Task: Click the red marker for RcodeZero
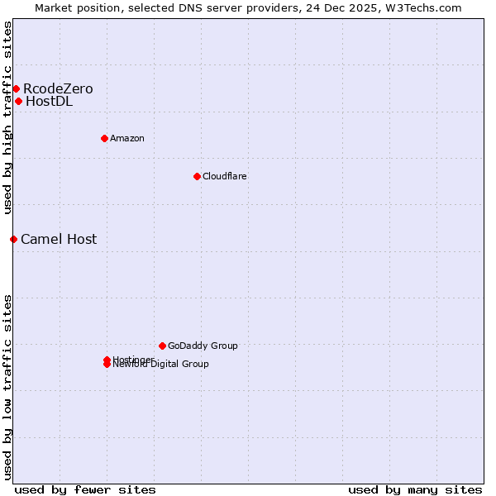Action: (16, 88)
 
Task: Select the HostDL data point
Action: (18, 101)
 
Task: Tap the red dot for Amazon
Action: (104, 138)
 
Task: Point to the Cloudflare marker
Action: (197, 176)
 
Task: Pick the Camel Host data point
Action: (13, 239)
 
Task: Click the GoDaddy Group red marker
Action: (162, 346)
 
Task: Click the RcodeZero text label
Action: (58, 88)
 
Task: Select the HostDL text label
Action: (49, 102)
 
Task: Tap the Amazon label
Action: (126, 138)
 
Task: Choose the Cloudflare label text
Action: (224, 176)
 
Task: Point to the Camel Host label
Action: (59, 239)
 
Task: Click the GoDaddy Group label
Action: (203, 346)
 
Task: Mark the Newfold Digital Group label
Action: (162, 365)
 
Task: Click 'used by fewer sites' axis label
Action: (85, 489)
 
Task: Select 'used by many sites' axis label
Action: (415, 489)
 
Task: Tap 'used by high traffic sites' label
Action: (8, 117)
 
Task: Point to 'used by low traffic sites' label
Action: (8, 386)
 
